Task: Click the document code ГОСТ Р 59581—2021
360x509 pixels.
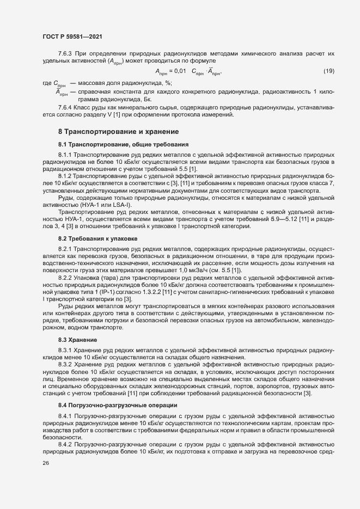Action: pos(72,36)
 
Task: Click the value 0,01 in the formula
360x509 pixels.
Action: pos(181,71)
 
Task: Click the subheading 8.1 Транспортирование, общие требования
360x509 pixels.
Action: pos(124,144)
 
